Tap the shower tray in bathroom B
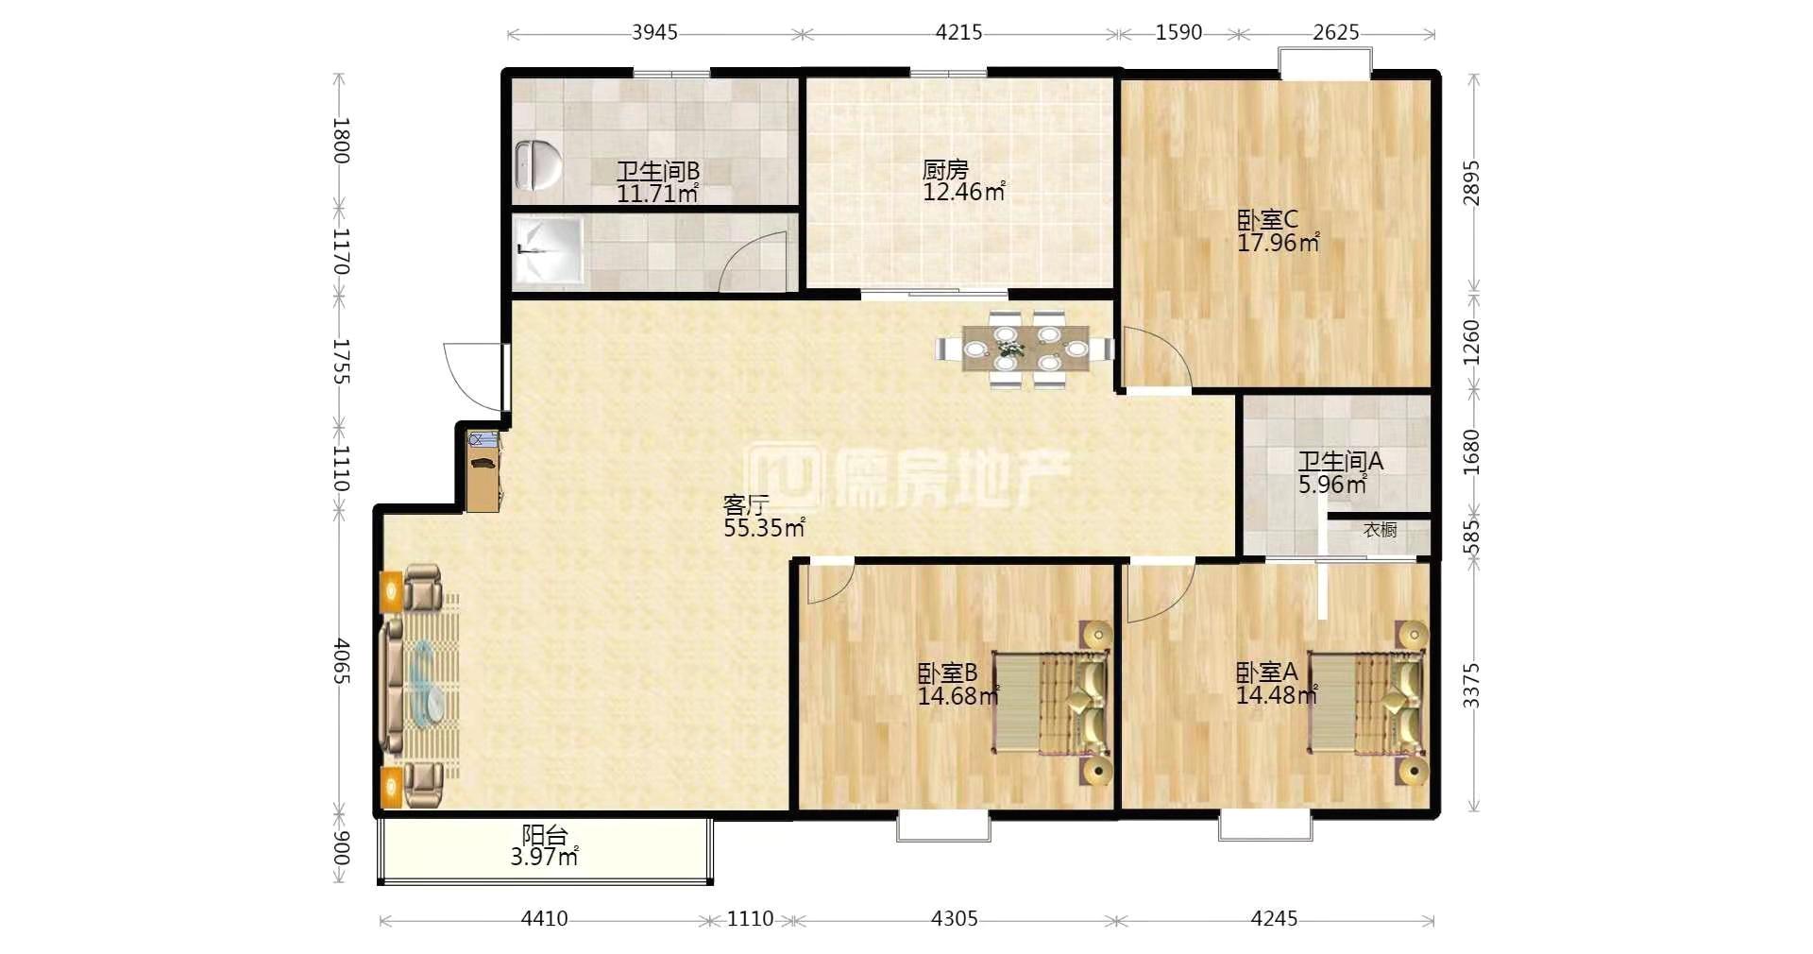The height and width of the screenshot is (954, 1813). (x=549, y=251)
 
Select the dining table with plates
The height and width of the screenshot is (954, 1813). (x=1025, y=349)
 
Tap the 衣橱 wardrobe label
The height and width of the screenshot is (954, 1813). (x=1380, y=530)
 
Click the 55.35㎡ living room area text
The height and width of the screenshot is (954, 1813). (x=764, y=528)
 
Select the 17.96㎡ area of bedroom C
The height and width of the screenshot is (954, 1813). (x=1278, y=243)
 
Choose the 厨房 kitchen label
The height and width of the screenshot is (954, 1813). (x=945, y=170)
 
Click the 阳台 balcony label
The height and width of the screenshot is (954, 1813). (x=545, y=835)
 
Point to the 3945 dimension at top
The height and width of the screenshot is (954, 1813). (x=654, y=32)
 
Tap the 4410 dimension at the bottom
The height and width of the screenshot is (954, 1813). (x=544, y=918)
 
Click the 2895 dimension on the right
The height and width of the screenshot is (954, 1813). (x=1471, y=183)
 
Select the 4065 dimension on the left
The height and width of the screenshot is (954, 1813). (x=341, y=662)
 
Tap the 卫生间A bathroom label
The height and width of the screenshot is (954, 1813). (x=1340, y=462)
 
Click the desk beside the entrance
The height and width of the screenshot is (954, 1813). (x=483, y=469)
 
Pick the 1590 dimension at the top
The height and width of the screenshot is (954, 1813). (x=1178, y=32)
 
